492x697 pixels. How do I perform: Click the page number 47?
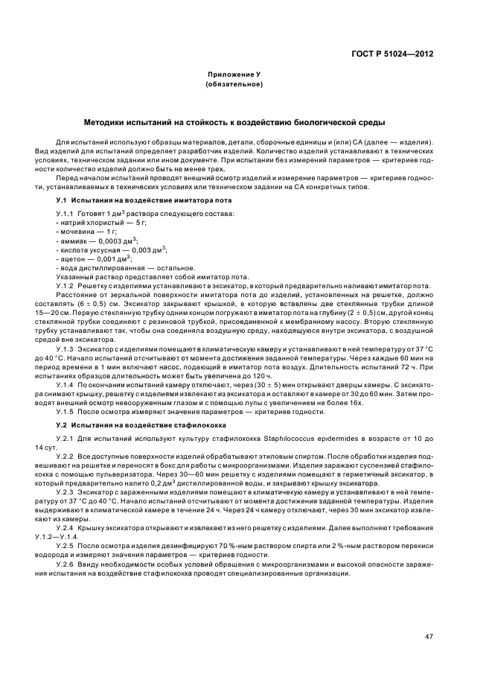(429, 637)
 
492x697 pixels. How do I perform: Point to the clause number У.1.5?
(67, 411)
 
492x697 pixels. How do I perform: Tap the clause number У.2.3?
(67, 492)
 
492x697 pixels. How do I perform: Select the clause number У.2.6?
(67, 564)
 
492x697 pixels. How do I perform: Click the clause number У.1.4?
(67, 384)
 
